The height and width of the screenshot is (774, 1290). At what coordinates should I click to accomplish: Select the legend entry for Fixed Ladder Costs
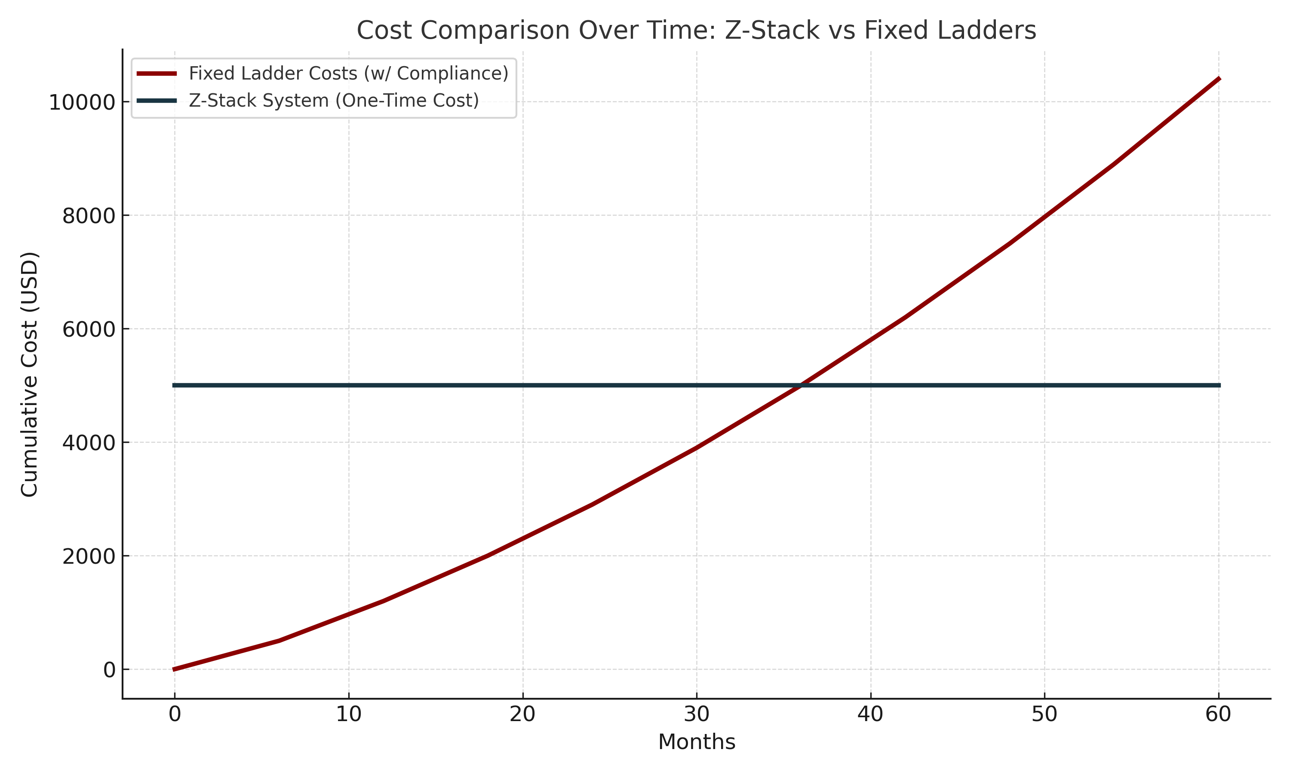[x=348, y=73]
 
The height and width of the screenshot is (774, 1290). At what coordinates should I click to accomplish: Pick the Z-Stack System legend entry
[x=334, y=100]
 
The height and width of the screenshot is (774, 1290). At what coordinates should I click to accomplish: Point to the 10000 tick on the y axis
[x=74, y=102]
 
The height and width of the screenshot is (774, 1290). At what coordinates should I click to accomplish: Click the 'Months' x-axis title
[x=697, y=742]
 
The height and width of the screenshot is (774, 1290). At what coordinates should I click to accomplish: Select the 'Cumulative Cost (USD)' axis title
[x=30, y=375]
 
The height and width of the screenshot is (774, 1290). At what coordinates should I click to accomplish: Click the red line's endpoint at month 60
[x=1219, y=79]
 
